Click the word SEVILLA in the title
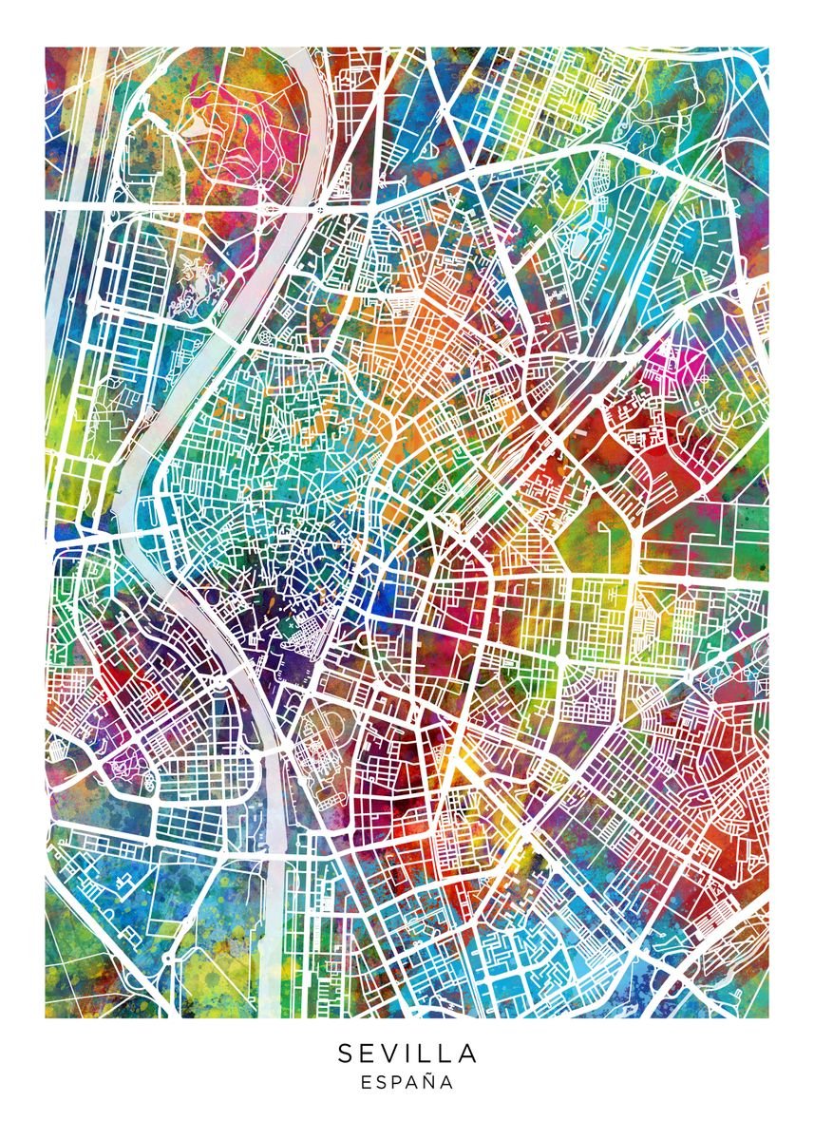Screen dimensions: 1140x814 click(x=407, y=1054)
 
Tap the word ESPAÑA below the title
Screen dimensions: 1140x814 click(x=407, y=1082)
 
